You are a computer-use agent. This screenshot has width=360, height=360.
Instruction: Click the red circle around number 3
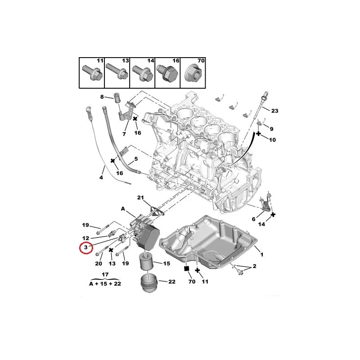point(85,247)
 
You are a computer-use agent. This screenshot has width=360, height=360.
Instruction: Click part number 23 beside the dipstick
point(275,111)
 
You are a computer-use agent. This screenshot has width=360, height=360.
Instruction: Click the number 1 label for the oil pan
point(262,255)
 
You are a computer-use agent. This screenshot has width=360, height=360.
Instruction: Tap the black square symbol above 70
point(186,269)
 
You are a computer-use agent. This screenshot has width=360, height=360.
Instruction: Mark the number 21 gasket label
point(140,198)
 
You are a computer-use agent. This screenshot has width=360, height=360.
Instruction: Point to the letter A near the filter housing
point(123,208)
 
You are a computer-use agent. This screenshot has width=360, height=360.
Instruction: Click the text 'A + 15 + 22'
point(105,284)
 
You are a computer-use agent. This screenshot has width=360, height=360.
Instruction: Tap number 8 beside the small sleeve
point(102,97)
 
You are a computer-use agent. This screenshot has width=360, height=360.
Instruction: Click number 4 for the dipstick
point(101,178)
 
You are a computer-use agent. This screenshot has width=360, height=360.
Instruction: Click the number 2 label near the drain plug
point(255,267)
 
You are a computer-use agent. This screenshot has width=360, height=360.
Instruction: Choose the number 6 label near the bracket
point(253,219)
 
